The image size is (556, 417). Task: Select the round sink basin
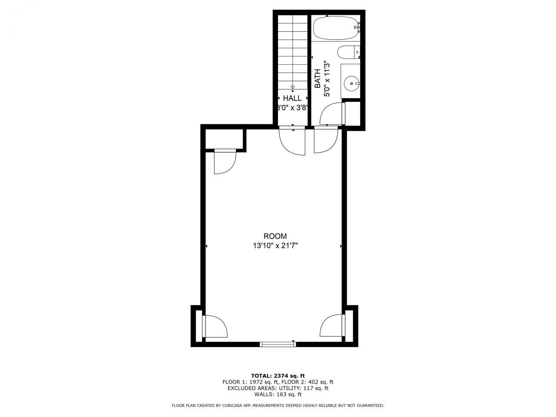351,82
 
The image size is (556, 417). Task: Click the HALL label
292,99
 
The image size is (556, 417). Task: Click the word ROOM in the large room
275,236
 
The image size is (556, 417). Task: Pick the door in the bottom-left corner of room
215,327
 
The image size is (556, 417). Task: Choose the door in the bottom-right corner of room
332,325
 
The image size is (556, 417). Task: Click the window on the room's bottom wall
278,344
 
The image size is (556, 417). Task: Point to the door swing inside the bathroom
331,114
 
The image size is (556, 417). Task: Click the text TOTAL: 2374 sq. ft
278,376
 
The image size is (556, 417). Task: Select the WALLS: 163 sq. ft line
278,394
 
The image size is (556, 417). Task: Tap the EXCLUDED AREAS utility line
278,388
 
